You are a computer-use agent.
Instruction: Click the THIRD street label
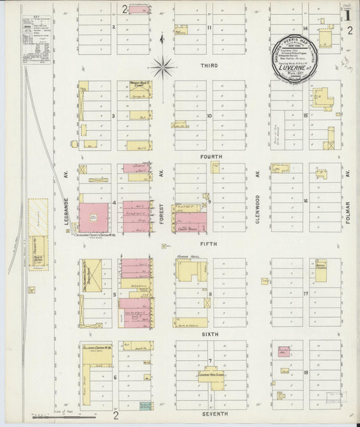pos(209,66)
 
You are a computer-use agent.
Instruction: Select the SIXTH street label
pos(210,333)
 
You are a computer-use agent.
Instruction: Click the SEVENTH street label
pos(213,413)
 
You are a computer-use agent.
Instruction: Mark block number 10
pos(209,116)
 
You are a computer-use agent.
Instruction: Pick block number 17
pos(305,293)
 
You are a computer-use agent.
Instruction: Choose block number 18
pos(305,372)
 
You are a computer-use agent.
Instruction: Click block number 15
pos(305,116)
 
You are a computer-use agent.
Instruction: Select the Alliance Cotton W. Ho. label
pos(97,348)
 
